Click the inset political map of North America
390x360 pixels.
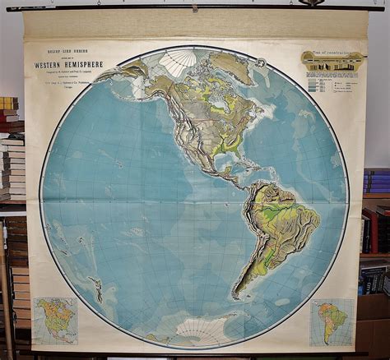(x=56, y=321)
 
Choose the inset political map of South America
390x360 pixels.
(x=332, y=321)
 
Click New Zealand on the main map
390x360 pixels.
(x=97, y=288)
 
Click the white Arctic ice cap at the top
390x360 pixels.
(x=177, y=62)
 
